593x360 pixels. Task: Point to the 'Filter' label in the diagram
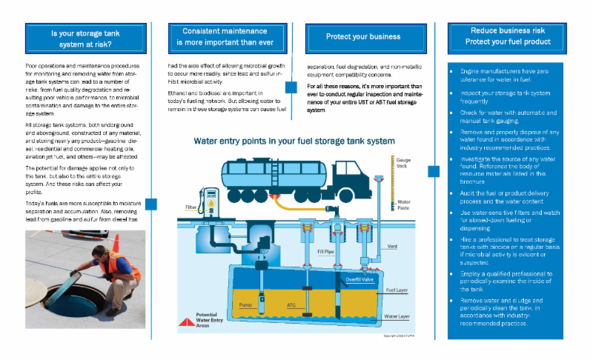coord(191,207)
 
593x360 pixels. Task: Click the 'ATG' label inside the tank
coord(291,304)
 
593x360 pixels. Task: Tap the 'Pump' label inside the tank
coord(246,304)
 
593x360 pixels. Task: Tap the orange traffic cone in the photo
coord(116,243)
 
